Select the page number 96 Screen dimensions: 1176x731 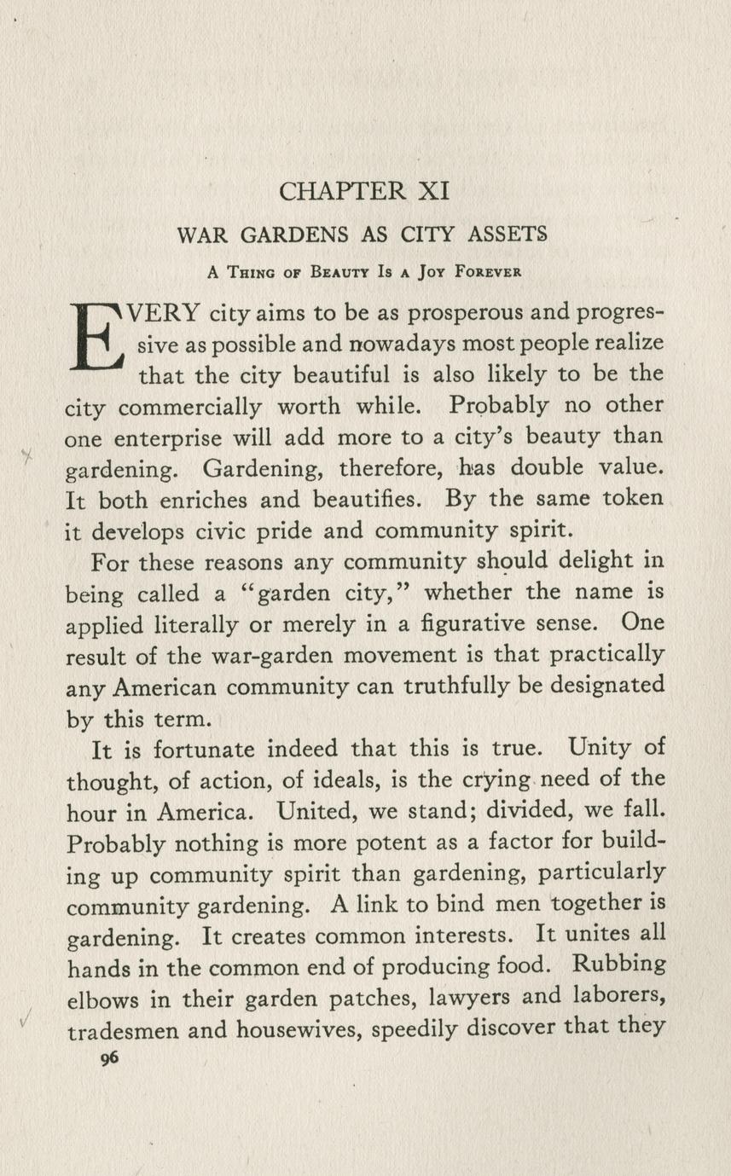tap(108, 1058)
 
